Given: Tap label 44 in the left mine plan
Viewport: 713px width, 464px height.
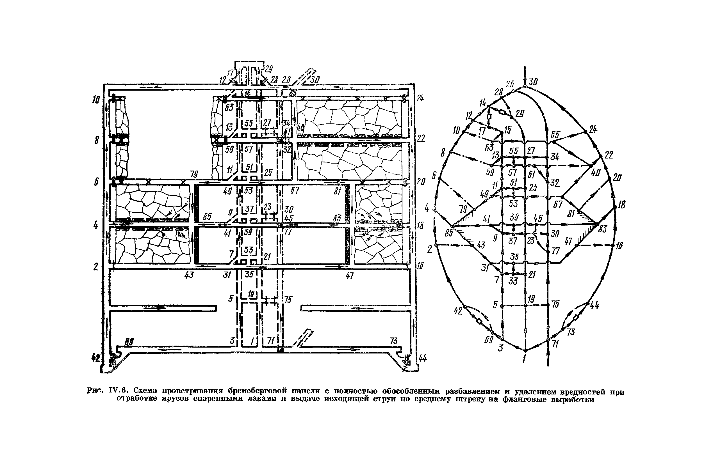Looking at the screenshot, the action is pos(423,358).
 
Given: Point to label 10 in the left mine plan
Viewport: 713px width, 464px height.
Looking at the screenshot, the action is pos(95,100).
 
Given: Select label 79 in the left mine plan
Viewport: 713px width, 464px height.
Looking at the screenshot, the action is pos(193,174).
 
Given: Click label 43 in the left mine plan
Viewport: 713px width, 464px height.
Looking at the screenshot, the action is pos(189,275).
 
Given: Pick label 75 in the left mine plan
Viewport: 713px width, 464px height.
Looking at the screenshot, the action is pos(288,300).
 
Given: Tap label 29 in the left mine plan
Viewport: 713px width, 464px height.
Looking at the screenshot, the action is pos(268,70).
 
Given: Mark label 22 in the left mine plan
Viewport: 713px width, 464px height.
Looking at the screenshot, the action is pos(421,138).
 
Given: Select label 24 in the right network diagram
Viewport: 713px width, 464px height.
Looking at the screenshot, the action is pos(593,130).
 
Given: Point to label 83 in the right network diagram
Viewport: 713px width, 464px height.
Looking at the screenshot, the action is pos(602,229).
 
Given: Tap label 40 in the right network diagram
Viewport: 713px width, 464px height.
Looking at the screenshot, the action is pos(596,173).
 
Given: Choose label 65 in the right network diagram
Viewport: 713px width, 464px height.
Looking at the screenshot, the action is pos(555,135).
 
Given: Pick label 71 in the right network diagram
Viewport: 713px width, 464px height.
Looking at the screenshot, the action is pos(555,344).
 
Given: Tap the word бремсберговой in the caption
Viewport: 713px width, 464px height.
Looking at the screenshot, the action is pos(257,391).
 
